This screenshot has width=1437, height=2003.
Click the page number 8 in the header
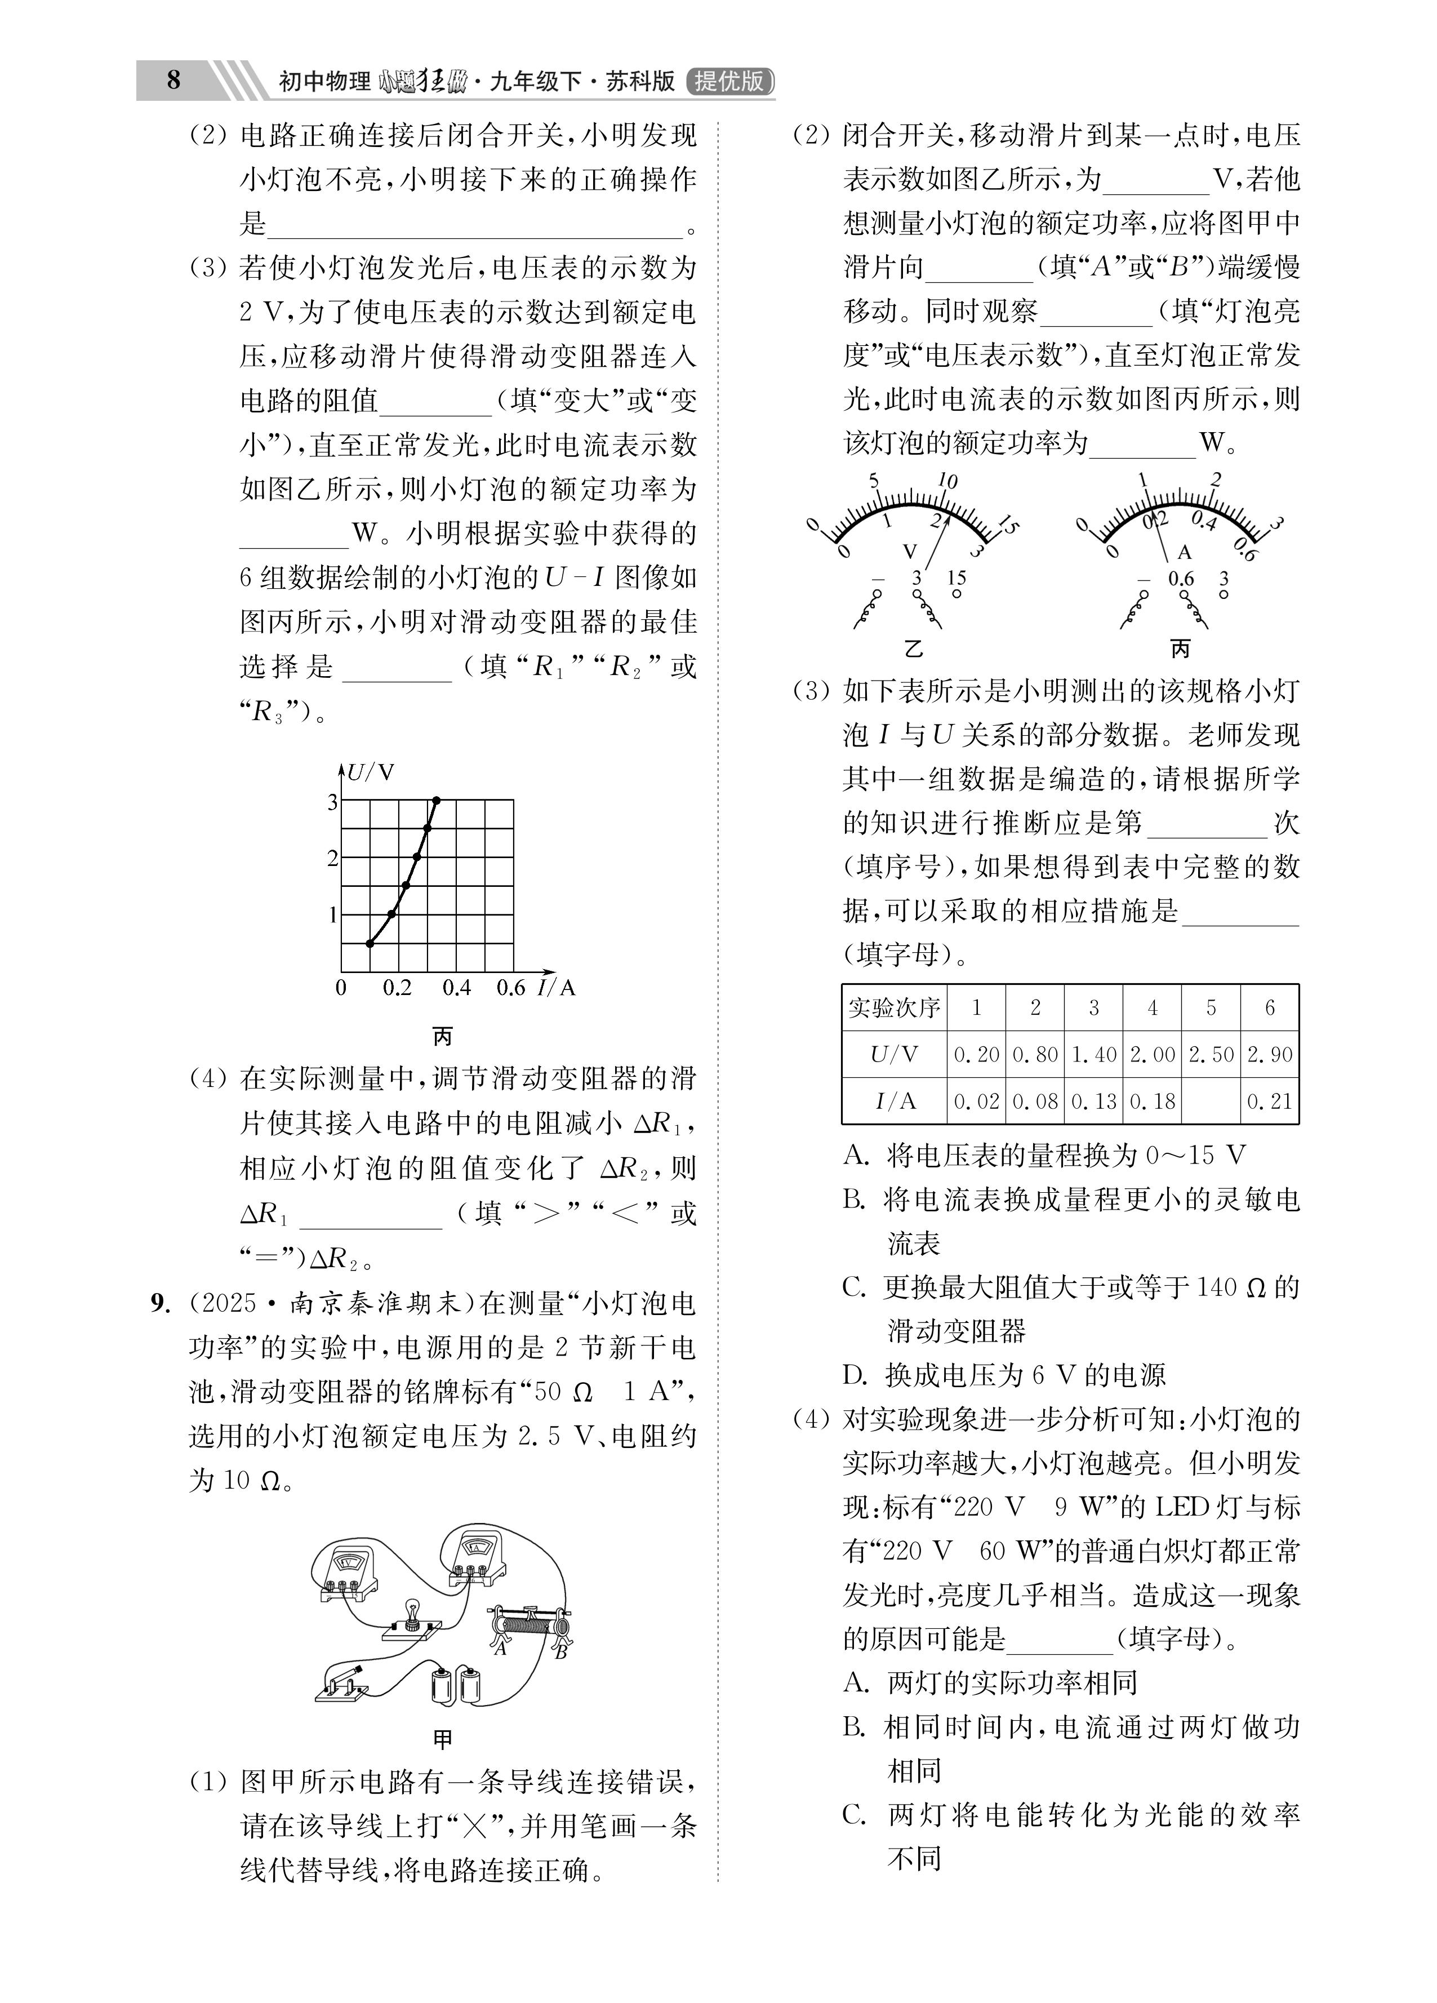[x=173, y=81]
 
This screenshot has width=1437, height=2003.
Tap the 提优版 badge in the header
[x=729, y=81]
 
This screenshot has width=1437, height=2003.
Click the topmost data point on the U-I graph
[x=435, y=800]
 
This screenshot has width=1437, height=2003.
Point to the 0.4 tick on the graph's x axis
[x=456, y=987]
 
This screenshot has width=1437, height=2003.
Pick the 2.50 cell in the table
[x=1211, y=1054]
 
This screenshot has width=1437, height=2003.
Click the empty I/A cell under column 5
[x=1211, y=1100]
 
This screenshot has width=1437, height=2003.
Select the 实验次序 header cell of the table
[x=894, y=1007]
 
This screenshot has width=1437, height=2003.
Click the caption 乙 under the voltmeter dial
[x=913, y=649]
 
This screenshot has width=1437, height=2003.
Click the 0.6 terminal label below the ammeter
[x=1181, y=579]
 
